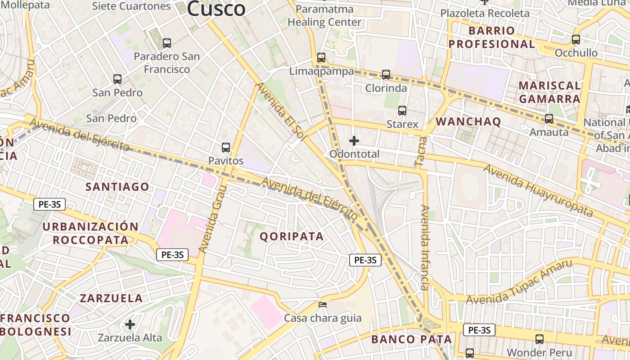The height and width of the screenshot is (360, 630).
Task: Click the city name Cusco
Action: click(x=216, y=8)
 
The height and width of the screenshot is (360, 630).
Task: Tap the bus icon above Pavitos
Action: click(x=226, y=148)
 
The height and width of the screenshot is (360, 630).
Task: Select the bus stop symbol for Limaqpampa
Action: click(x=321, y=58)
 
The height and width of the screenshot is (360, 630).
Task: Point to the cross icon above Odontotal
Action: click(x=354, y=141)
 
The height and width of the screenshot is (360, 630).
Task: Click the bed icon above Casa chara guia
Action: click(x=323, y=305)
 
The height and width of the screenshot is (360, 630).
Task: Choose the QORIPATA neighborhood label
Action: click(x=292, y=236)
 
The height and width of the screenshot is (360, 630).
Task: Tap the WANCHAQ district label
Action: click(x=468, y=121)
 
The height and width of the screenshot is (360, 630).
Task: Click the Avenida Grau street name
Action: click(x=211, y=220)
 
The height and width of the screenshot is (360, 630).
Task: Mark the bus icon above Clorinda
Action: click(x=386, y=75)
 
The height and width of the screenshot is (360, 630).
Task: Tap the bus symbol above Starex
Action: click(x=402, y=111)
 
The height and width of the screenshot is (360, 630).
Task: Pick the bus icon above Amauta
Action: click(x=549, y=119)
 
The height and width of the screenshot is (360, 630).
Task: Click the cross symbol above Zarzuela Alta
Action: click(x=130, y=324)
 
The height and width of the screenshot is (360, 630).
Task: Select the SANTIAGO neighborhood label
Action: click(x=117, y=187)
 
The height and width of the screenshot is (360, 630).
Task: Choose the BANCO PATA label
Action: click(x=411, y=339)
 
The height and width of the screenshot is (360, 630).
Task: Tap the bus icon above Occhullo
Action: click(x=576, y=40)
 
